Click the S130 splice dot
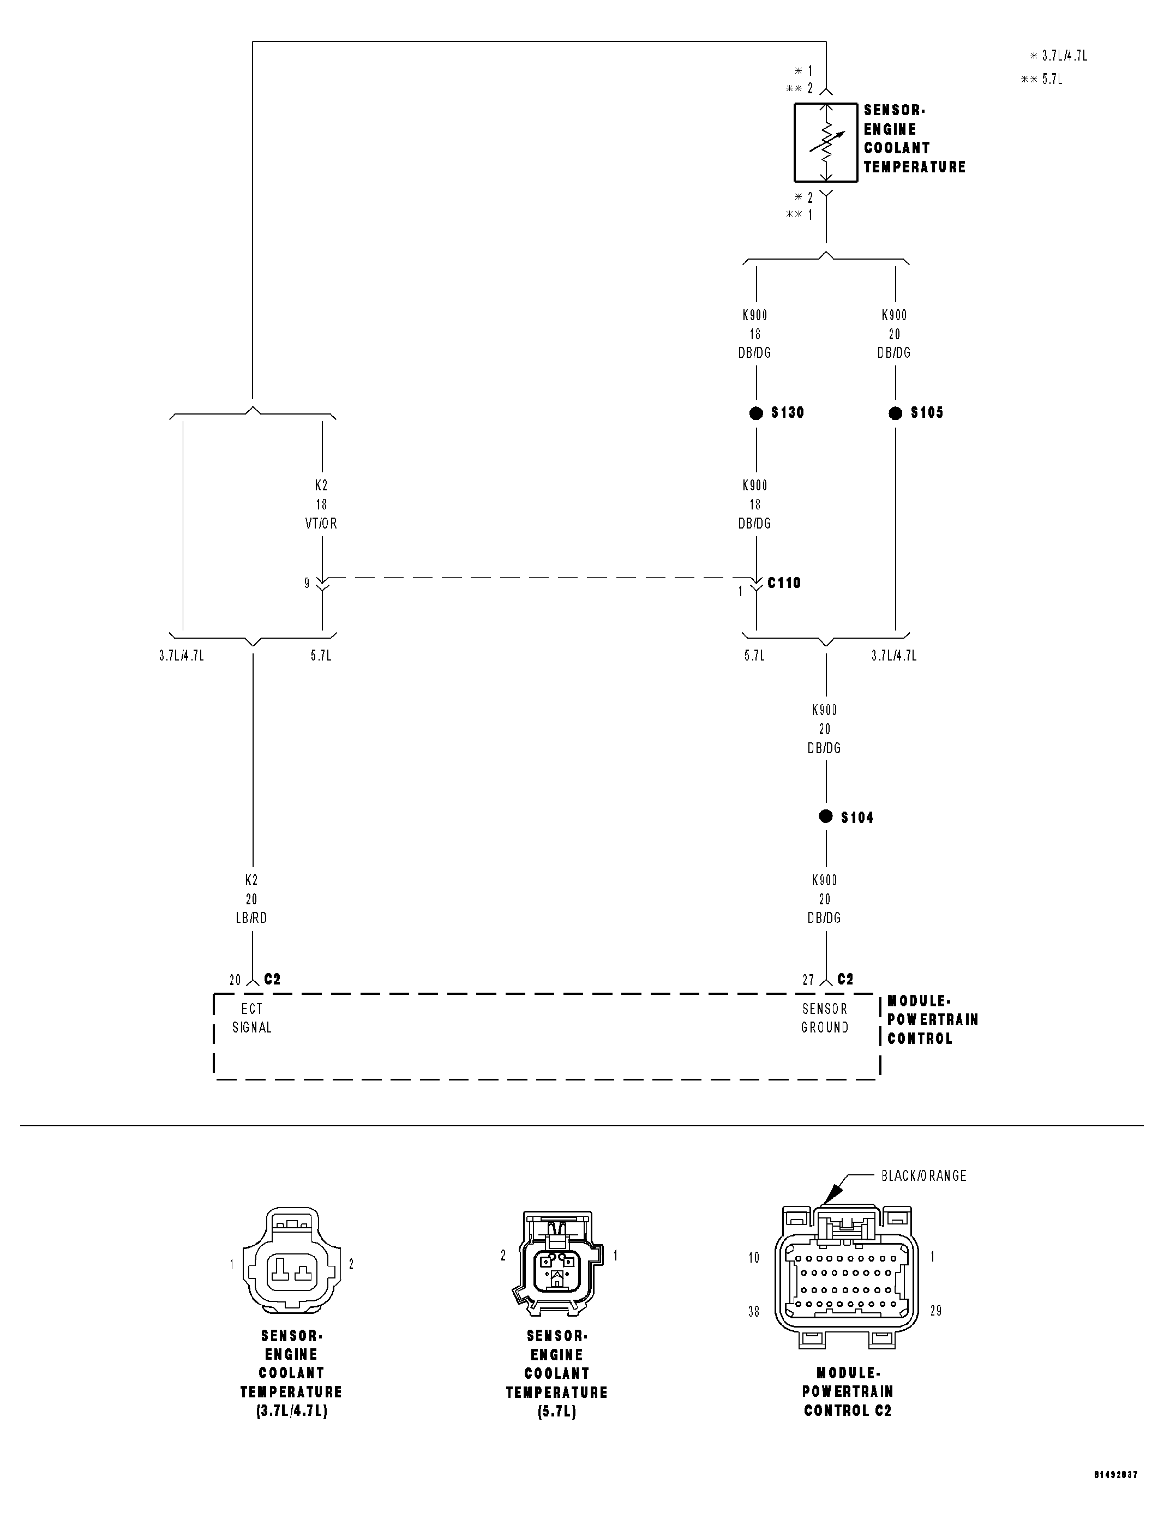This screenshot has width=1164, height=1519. (x=756, y=413)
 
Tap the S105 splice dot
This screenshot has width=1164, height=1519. (x=895, y=413)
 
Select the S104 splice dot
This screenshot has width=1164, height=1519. (x=825, y=816)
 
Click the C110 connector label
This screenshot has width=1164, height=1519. (x=784, y=583)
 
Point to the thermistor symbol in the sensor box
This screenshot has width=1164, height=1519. (x=825, y=143)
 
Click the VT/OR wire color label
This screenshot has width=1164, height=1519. (x=321, y=524)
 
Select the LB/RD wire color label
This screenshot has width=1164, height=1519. (x=251, y=918)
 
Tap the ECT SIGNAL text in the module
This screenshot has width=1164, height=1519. (x=251, y=1018)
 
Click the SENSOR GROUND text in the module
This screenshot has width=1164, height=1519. (x=825, y=1018)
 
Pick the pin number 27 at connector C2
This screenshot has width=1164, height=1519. (x=808, y=980)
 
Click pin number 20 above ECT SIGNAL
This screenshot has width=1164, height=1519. (x=236, y=980)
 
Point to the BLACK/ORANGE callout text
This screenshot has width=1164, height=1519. (x=923, y=1175)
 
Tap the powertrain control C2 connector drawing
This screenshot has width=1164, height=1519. (x=847, y=1280)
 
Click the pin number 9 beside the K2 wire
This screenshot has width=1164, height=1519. (x=307, y=583)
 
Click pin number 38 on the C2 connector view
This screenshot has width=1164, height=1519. (x=754, y=1311)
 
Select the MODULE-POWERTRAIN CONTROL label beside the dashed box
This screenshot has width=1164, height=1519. (x=932, y=1019)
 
